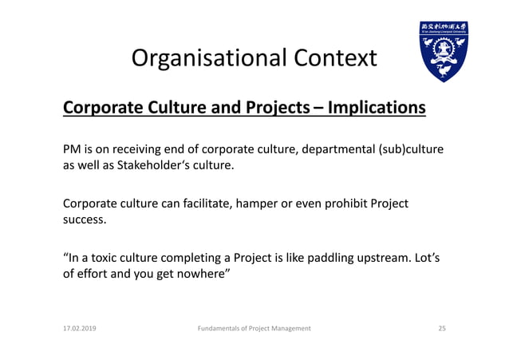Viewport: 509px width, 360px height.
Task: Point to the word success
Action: point(85,220)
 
